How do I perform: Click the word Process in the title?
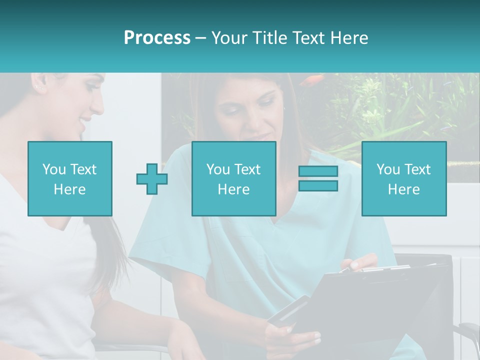coord(157,38)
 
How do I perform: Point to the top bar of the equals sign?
coord(318,171)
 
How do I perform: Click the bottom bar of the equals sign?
coord(318,186)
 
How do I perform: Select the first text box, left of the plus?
coord(69,178)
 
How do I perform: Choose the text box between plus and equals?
coord(233,178)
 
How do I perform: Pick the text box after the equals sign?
coord(403,178)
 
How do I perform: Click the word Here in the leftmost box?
coord(69,189)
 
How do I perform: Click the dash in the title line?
coord(201,38)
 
